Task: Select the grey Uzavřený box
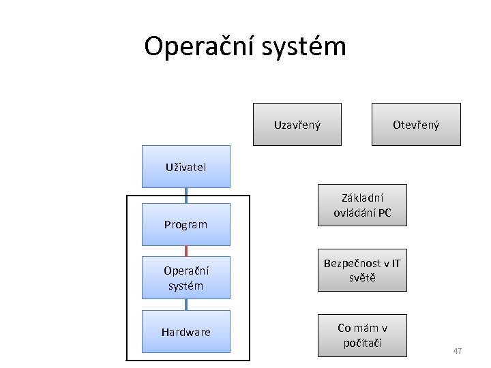point(297,125)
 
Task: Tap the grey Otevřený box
point(416,125)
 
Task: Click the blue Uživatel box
point(185,166)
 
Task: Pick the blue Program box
point(185,224)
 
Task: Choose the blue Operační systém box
point(185,277)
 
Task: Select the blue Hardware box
point(185,332)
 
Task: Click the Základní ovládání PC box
point(362,205)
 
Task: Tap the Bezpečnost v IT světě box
point(362,271)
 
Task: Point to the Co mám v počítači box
point(362,335)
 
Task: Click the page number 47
point(458,351)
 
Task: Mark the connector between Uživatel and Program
point(186,196)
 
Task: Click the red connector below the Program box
point(186,251)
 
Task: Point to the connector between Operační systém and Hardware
point(186,305)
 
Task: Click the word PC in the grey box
point(384,213)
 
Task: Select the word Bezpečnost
point(352,263)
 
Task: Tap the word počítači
point(363,343)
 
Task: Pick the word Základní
point(363,198)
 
